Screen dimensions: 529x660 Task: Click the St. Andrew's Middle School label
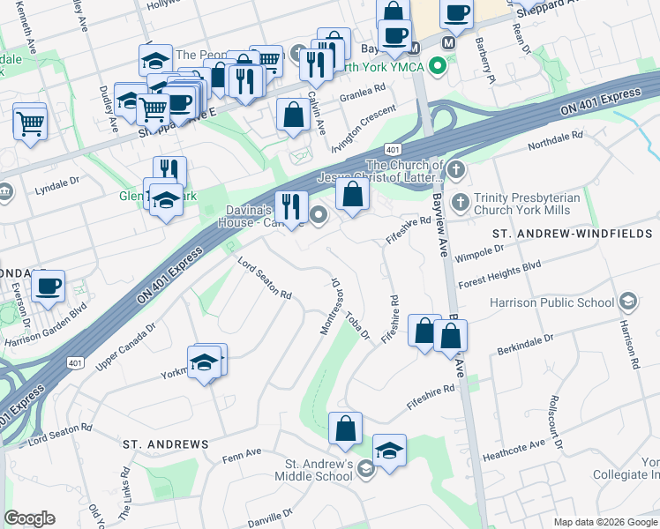[x=318, y=471]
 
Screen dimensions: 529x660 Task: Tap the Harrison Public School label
[x=552, y=302]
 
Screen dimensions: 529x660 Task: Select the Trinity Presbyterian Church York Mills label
[x=527, y=205]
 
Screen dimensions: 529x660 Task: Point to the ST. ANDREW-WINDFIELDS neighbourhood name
[x=571, y=234]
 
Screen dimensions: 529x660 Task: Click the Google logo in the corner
[x=29, y=518]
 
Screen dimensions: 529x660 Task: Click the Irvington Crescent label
[x=365, y=112]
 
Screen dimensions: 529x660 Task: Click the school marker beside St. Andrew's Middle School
[x=389, y=450]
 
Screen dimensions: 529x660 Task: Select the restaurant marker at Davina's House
[x=291, y=207]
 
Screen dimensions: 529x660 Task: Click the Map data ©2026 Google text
[x=604, y=521]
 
